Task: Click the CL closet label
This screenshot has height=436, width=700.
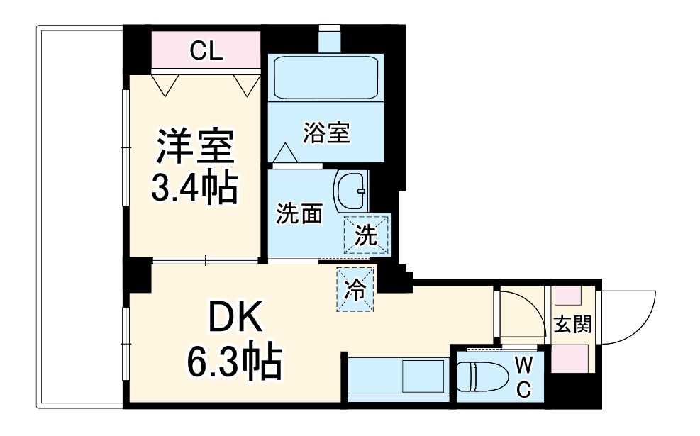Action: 206,50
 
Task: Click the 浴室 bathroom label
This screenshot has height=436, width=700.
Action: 326,133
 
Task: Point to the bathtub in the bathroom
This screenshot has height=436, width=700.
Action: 327,77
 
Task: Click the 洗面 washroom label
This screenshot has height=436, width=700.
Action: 299,214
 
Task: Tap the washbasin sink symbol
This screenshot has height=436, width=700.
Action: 351,191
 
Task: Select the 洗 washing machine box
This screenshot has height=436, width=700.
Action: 367,235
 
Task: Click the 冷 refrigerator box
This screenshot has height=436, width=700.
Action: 355,289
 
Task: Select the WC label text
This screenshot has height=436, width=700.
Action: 523,376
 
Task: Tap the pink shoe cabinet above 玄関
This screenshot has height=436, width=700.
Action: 569,296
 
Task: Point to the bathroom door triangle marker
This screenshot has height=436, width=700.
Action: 286,152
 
